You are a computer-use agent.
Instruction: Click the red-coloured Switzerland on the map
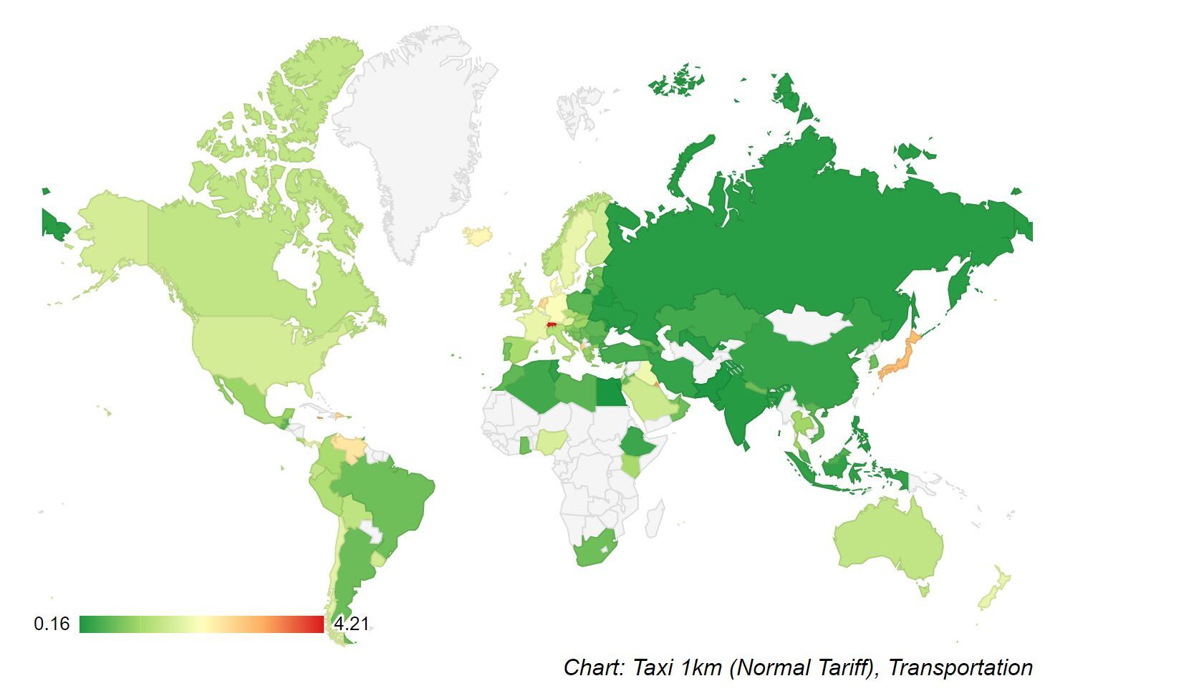click(552, 324)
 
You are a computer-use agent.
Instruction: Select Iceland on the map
click(476, 235)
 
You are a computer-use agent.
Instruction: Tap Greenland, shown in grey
click(415, 143)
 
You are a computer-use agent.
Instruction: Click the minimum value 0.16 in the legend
click(52, 624)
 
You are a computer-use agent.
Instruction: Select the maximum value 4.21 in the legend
click(351, 624)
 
